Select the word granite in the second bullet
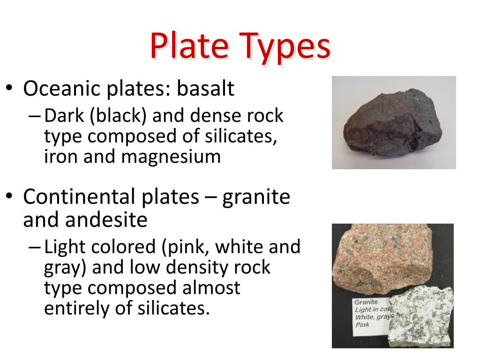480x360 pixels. point(256,197)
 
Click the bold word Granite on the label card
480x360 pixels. point(366,302)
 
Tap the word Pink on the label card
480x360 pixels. point(362,324)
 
